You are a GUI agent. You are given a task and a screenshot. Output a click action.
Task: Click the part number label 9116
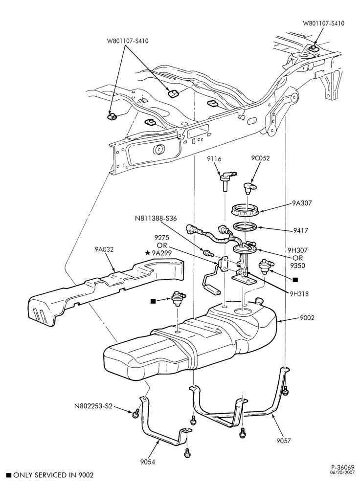(214, 159)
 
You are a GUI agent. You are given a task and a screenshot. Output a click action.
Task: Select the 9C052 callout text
(261, 158)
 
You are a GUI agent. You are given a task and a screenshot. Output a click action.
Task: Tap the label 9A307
(302, 203)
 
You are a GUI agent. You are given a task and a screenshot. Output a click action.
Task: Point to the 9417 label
(300, 231)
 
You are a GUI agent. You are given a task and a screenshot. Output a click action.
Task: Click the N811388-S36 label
(156, 219)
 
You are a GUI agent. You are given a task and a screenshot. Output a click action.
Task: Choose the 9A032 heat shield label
(104, 249)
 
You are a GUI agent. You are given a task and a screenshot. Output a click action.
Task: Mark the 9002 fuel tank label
(307, 318)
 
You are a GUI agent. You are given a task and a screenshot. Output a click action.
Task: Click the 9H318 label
(299, 293)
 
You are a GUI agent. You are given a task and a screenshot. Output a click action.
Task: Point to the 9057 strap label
(283, 441)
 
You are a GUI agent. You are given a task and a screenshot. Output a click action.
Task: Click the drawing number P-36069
(343, 467)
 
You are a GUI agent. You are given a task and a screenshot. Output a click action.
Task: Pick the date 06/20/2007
(343, 472)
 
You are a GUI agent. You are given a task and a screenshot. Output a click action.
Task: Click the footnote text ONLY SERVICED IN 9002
(53, 475)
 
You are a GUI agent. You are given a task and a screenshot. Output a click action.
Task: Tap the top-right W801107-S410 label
(323, 23)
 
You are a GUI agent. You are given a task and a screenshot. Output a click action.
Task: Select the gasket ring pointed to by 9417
(246, 226)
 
